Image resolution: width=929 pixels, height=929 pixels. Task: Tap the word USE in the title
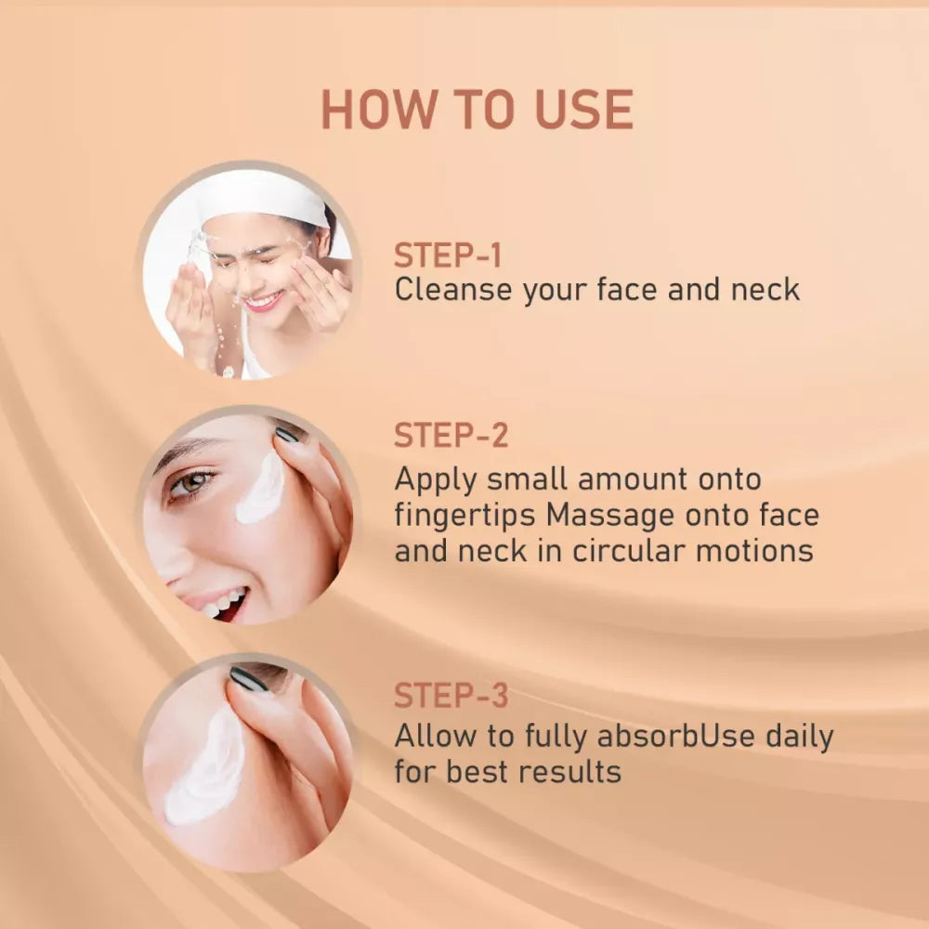[584, 110]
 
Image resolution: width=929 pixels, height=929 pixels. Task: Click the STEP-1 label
[448, 255]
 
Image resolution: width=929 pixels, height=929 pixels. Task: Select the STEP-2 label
[451, 436]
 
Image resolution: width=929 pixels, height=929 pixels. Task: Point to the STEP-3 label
[451, 695]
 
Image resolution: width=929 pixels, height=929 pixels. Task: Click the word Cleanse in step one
[453, 289]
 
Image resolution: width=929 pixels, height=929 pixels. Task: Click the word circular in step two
[629, 550]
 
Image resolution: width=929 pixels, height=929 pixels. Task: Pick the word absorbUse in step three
[676, 736]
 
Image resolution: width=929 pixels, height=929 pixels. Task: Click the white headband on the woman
[266, 199]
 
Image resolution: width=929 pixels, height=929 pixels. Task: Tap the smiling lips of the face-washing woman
[263, 301]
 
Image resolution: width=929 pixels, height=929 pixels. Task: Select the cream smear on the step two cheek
[260, 490]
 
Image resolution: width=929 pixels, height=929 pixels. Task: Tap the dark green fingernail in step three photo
[249, 679]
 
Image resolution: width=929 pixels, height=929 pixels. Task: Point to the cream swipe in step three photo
[207, 767]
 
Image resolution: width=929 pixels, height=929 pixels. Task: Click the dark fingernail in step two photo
[287, 434]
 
